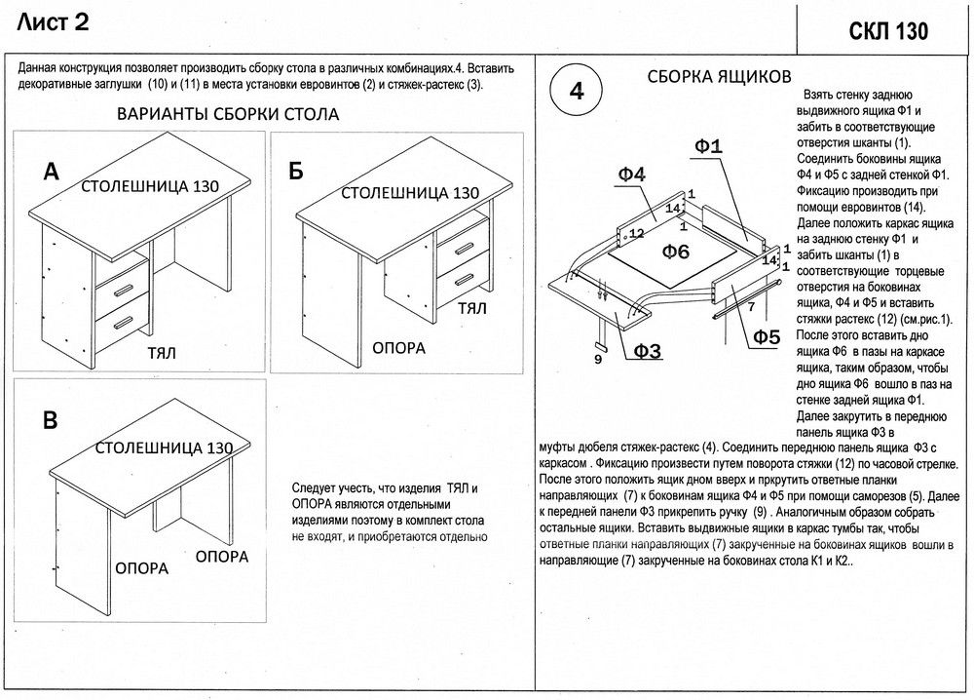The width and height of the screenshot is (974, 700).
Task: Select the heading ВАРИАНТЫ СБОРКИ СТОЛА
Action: click(227, 114)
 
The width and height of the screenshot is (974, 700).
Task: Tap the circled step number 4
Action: click(576, 93)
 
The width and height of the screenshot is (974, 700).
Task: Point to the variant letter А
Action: click(52, 173)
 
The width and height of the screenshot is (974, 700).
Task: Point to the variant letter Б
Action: click(296, 172)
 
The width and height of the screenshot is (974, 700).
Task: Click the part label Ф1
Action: click(708, 147)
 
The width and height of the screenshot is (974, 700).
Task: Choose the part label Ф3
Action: click(648, 351)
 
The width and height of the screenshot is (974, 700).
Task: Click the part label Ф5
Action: click(766, 338)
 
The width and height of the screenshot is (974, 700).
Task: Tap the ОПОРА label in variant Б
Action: click(399, 346)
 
